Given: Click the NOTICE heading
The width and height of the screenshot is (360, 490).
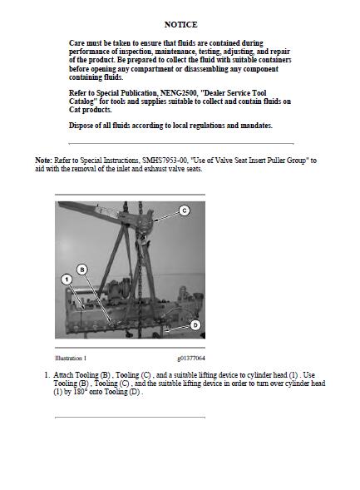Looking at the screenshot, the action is pos(180,25).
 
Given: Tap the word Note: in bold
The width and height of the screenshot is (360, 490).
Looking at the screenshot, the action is pos(43,161).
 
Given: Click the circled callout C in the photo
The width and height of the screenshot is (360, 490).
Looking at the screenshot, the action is pos(185,211).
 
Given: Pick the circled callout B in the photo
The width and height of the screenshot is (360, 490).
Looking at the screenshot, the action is pos(82,270).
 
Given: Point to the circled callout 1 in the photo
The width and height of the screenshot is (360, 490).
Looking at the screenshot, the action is pos(67,280).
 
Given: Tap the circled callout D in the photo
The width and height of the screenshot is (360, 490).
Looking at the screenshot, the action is pos(195,325).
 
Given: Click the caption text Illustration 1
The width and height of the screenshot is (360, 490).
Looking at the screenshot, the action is pos(71,358).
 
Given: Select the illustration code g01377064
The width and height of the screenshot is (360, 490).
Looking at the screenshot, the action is pos(191,358).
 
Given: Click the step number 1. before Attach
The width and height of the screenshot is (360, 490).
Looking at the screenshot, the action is pos(47,375).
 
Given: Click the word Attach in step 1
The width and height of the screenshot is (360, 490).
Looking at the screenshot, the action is pos(64,375).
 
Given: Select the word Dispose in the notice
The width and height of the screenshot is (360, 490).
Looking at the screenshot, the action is pos(81,126).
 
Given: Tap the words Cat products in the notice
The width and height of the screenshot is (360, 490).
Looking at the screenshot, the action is pos(91,110).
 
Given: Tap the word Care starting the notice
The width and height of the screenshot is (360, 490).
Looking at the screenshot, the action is pos(76,43).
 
